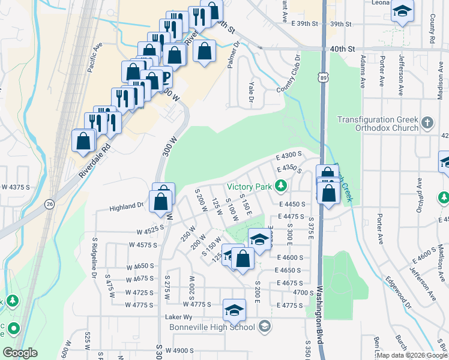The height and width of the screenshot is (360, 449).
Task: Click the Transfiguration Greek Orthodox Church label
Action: click(x=377, y=124)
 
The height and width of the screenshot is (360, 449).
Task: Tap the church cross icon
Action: click(x=427, y=124)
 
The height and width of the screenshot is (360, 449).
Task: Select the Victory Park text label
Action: click(x=249, y=186)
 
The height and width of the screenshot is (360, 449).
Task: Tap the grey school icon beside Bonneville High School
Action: click(x=264, y=326)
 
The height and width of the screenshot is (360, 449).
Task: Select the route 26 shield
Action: click(x=48, y=205)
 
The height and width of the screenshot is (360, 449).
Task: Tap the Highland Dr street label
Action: click(x=126, y=207)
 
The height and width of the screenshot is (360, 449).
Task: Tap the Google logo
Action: click(x=20, y=353)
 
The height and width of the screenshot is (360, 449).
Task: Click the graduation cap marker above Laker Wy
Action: click(x=234, y=310)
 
